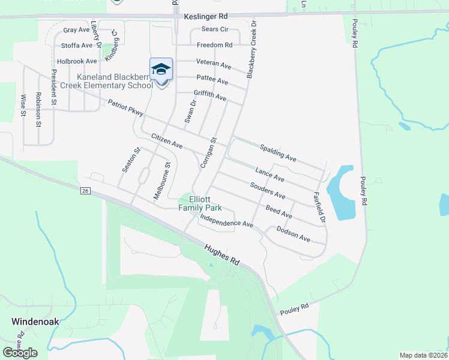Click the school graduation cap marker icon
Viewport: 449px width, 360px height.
(161, 70)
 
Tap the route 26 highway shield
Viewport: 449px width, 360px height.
(85, 191)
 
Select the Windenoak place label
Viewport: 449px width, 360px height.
(35, 321)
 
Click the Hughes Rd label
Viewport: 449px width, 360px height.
(221, 254)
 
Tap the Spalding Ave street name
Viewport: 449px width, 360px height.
(278, 153)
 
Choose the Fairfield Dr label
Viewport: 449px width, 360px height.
(319, 208)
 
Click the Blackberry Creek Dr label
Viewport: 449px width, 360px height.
(252, 49)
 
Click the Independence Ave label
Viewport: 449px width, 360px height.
(227, 220)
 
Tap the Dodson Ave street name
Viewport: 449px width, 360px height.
(293, 234)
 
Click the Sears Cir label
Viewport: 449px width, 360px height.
(215, 29)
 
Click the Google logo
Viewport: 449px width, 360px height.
(20, 353)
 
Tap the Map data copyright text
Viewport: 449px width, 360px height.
(423, 355)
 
